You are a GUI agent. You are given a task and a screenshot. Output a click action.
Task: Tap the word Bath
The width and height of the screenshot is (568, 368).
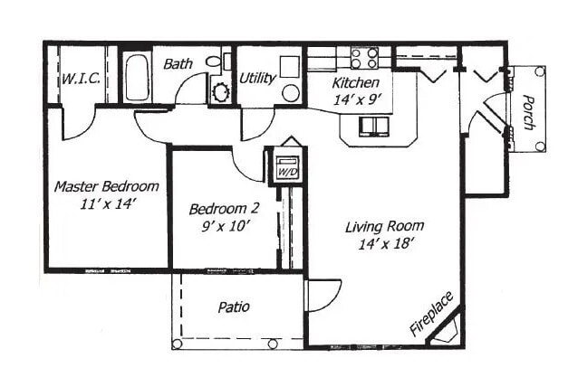click(x=177, y=65)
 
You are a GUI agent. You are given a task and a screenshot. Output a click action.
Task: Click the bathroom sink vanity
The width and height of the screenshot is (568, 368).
click(x=220, y=90)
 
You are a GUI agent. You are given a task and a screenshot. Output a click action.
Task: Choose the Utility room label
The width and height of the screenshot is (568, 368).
click(x=257, y=79)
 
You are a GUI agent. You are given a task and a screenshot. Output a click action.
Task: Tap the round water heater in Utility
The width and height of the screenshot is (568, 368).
click(x=290, y=92)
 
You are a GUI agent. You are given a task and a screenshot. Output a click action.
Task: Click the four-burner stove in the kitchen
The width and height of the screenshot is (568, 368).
click(x=364, y=59)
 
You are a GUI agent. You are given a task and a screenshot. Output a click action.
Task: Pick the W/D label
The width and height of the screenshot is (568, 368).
click(x=286, y=171)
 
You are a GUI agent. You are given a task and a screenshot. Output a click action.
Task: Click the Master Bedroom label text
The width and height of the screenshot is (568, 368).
click(x=106, y=187)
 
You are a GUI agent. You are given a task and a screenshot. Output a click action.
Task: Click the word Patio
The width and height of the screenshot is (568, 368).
click(x=234, y=307)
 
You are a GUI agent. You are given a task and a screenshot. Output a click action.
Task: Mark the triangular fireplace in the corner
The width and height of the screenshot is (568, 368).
click(x=449, y=331)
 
